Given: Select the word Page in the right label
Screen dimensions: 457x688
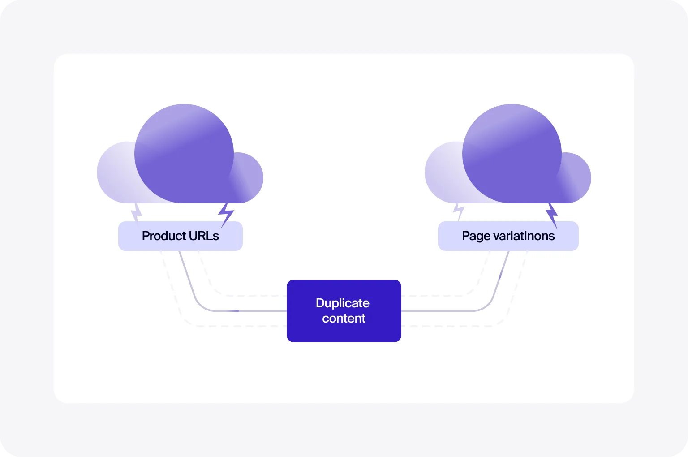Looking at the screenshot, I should tap(476, 236).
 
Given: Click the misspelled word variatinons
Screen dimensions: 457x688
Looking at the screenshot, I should tap(524, 236).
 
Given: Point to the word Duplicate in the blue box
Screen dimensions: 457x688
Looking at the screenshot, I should tap(343, 303).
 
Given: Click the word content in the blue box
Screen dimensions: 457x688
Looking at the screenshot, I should tap(344, 319).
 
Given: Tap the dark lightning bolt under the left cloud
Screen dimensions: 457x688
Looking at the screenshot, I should tap(226, 214).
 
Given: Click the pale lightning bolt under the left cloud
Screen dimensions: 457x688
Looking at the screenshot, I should tap(136, 213).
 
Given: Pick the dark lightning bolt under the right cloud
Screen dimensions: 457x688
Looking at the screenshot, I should tap(552, 214).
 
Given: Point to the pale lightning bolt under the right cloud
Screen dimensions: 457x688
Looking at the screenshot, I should tap(458, 211).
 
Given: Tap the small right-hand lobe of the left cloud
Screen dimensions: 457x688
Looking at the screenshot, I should tap(249, 177).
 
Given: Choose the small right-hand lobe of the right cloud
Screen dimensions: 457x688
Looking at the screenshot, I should tap(577, 177).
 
